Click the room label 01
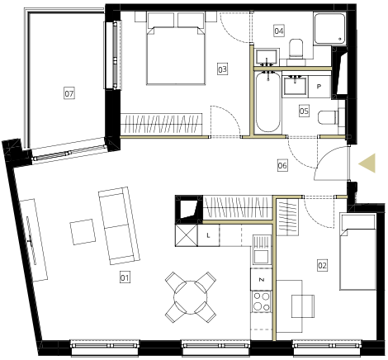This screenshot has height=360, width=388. [125, 277]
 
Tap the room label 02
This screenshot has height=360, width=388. [322, 265]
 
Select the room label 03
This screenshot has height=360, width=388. [222, 69]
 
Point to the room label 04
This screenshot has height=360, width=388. [279, 31]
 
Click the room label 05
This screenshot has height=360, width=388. [304, 111]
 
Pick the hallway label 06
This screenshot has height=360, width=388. [282, 165]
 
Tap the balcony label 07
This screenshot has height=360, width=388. [69, 93]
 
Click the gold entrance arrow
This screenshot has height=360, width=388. [367, 163]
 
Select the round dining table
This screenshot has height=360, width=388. [190, 297]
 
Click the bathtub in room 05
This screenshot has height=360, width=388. [267, 102]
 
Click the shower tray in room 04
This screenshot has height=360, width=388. [329, 28]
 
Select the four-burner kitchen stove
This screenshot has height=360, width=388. [262, 301]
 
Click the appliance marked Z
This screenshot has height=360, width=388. [262, 279]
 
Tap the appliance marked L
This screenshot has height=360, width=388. [209, 235]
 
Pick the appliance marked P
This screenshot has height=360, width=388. [319, 87]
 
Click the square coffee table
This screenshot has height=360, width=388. [83, 232]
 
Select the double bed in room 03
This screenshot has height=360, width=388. [176, 48]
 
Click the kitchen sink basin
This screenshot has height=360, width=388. [262, 257]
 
